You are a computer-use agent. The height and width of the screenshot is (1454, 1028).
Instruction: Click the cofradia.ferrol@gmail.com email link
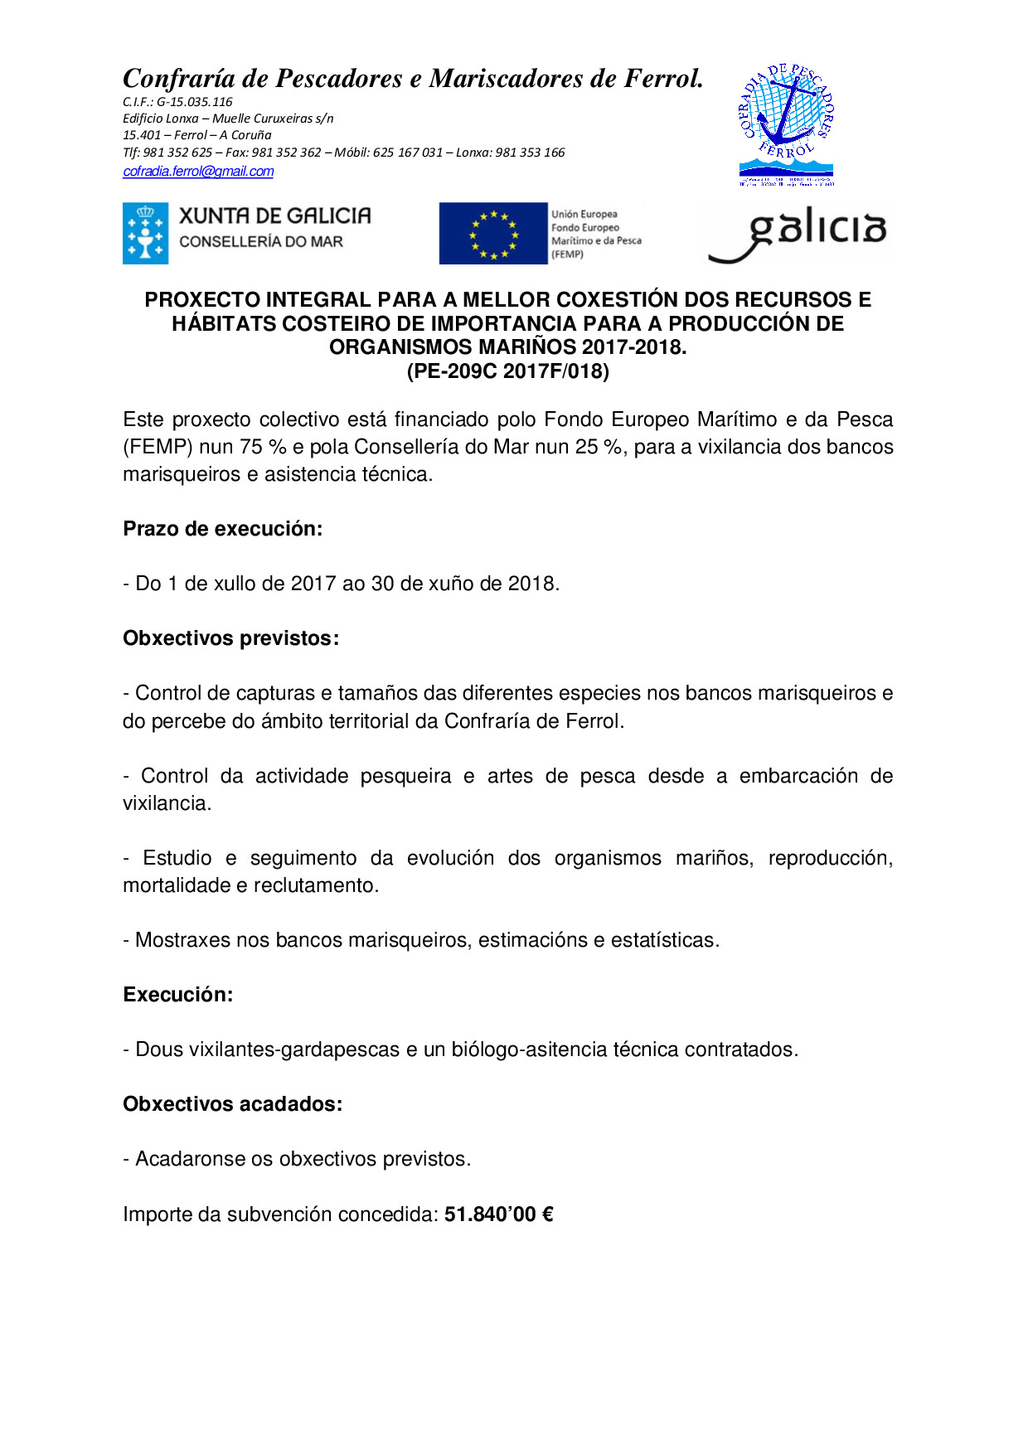198,172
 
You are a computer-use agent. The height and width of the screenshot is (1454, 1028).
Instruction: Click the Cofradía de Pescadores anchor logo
786,124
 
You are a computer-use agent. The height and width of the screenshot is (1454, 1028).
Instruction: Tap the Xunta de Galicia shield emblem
145,234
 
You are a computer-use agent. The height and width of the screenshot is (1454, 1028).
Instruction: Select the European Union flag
493,234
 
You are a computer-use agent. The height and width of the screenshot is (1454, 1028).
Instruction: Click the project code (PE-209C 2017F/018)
507,371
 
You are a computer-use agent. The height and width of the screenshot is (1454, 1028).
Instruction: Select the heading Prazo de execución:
222,529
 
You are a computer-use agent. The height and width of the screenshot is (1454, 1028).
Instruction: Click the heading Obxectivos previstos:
230,638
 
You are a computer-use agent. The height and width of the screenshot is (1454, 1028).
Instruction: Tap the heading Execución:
177,995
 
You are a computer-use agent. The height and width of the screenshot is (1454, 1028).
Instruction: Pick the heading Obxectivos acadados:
232,1104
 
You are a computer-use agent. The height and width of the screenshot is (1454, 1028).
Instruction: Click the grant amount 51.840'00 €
498,1214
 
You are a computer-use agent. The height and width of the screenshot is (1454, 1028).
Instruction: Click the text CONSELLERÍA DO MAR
261,242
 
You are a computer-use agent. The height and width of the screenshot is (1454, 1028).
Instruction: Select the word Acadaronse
190,1159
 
